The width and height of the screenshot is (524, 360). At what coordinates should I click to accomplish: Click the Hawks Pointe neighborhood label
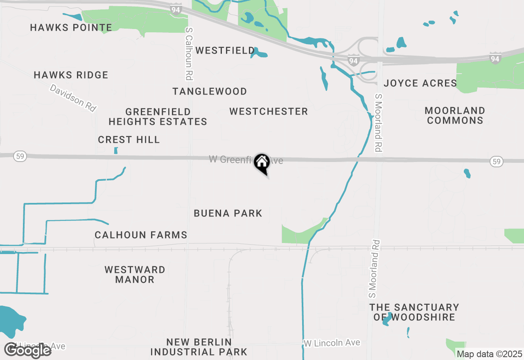point(71,28)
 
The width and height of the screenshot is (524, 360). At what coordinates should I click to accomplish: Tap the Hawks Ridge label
point(71,75)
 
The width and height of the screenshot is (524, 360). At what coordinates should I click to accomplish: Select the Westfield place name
point(225,51)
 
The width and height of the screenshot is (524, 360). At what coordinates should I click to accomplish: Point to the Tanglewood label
point(210,91)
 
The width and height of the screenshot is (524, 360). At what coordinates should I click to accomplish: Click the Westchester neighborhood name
point(269,111)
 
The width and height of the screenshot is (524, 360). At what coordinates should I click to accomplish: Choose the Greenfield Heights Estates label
point(158,117)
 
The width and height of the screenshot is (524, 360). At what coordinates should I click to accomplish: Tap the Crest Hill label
point(129,140)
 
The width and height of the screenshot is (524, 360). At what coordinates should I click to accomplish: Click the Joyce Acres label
point(420,83)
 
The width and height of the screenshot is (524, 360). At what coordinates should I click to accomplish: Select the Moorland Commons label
point(455,115)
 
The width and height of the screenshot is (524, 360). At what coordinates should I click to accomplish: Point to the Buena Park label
point(228,213)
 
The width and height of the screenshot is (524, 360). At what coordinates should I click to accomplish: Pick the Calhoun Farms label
point(141,235)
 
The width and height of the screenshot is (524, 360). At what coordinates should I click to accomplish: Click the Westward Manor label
point(135,274)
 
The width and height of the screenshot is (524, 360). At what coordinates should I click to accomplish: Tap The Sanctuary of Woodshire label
point(414,312)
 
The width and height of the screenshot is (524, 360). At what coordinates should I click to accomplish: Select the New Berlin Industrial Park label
point(199,347)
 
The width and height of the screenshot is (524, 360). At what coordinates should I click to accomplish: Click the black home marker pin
point(262,163)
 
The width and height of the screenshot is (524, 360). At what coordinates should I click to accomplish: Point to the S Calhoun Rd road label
point(189,53)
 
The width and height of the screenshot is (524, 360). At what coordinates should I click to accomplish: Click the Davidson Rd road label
point(73,98)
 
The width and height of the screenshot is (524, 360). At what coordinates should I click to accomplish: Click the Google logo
point(28,350)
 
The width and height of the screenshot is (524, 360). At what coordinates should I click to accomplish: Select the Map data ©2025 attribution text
point(489,354)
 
